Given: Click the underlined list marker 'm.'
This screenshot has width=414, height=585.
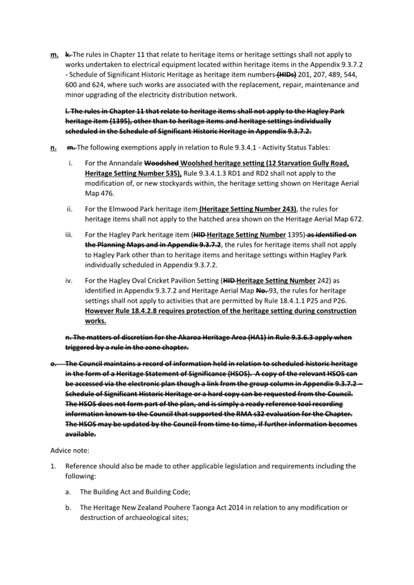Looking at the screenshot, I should coord(54,55).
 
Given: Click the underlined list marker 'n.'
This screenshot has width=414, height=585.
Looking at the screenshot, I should coord(54,147).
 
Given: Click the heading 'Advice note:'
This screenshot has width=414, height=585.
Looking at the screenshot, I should coord(70,450).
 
